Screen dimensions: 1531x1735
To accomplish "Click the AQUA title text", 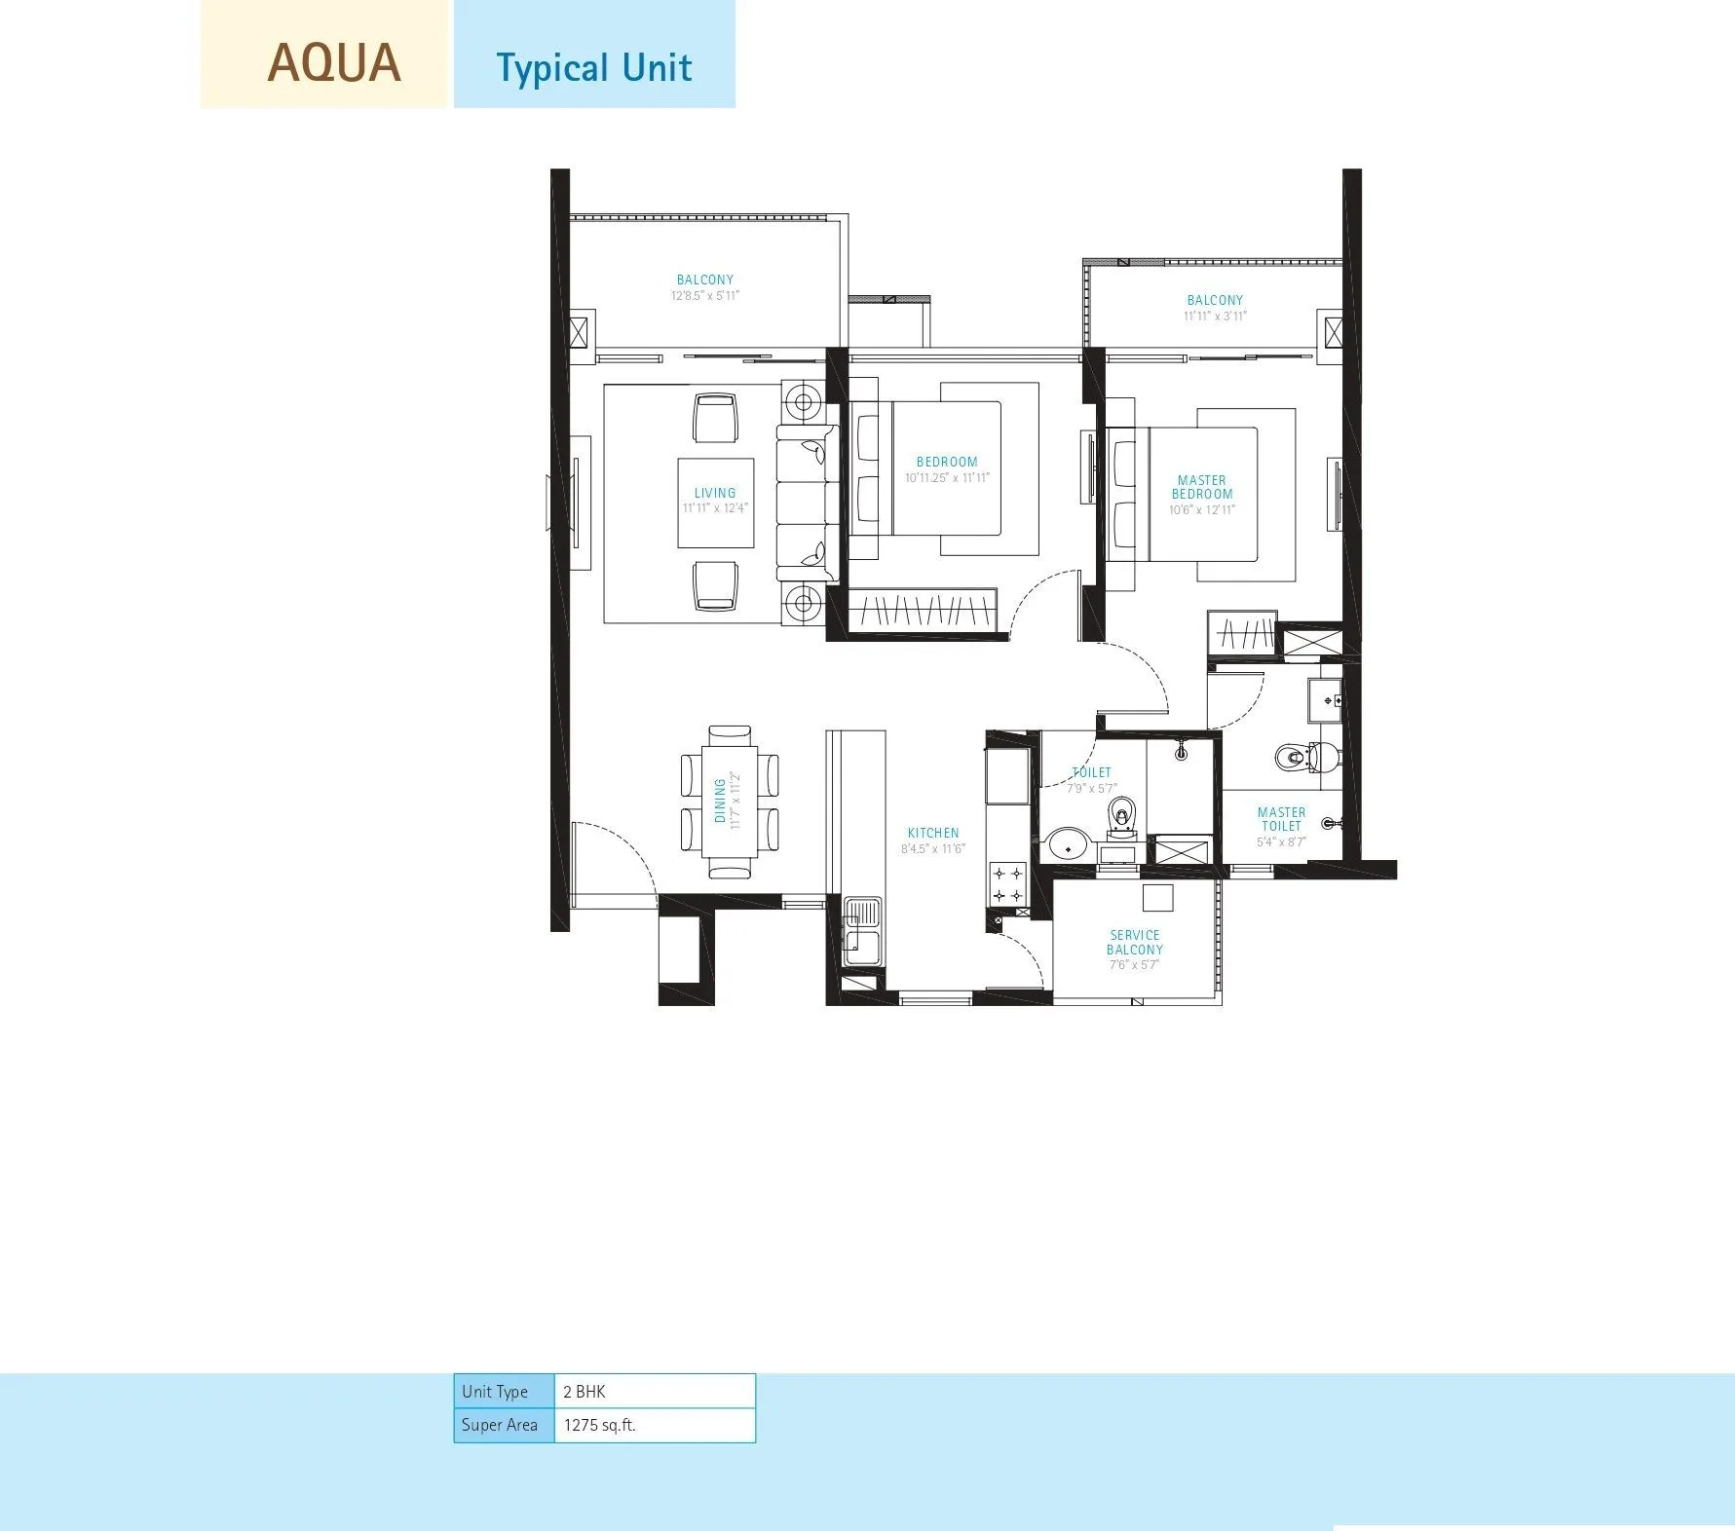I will [x=334, y=63].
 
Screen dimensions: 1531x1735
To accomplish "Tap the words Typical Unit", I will [x=593, y=68].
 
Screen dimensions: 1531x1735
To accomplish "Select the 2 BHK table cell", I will [x=654, y=1391].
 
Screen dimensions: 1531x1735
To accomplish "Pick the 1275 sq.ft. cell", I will [x=654, y=1425].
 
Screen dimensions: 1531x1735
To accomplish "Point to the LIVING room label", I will [x=715, y=493].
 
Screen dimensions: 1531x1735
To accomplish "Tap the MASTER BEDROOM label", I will [x=1202, y=487].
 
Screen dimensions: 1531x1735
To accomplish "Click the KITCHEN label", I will [x=933, y=833].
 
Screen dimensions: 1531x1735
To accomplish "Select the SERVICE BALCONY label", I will [x=1135, y=942].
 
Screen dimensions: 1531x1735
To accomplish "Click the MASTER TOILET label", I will [x=1281, y=819].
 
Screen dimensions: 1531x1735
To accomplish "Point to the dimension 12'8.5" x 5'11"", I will [x=705, y=296].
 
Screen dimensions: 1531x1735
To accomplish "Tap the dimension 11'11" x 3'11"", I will [x=1215, y=317].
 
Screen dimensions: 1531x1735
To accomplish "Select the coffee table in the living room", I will [x=716, y=503].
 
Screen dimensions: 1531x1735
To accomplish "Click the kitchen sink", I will [x=861, y=929].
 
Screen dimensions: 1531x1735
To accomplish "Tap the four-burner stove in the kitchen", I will [x=1007, y=883].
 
